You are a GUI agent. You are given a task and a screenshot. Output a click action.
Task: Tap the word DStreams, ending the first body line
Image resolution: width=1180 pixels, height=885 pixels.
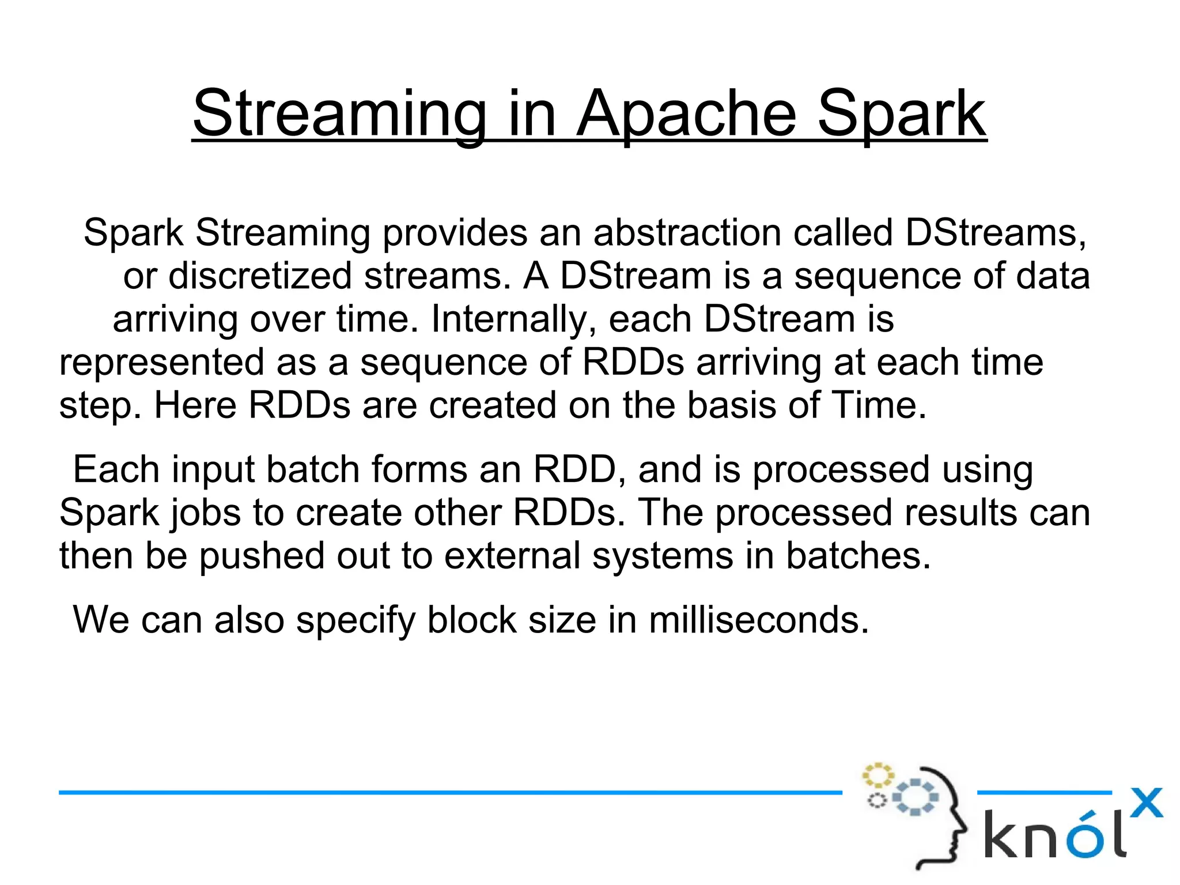tap(996, 233)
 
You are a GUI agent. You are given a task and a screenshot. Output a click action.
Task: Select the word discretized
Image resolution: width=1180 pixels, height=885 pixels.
tap(260, 276)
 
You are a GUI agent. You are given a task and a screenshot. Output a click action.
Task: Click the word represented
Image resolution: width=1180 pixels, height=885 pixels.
tap(161, 363)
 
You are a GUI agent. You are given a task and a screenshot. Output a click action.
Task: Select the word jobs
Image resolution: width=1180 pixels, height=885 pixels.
tap(205, 513)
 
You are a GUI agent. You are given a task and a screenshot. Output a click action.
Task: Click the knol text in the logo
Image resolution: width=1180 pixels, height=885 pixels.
tap(1054, 835)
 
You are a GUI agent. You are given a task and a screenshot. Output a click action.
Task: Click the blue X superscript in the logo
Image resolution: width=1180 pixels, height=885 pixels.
tap(1145, 803)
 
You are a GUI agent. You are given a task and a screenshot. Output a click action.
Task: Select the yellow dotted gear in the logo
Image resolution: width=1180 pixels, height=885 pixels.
tap(878, 775)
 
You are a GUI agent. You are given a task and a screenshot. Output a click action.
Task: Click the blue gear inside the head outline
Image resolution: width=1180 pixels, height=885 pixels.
tap(915, 797)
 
